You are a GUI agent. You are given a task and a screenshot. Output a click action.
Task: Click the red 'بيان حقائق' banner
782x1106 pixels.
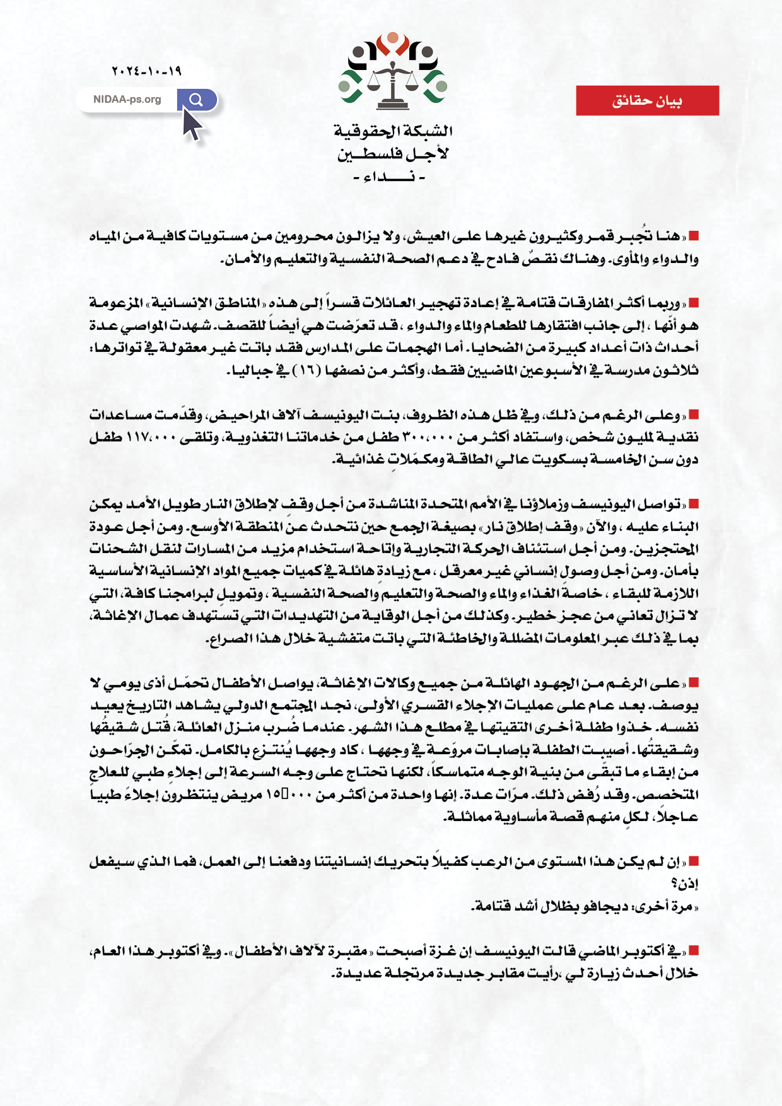point(647,101)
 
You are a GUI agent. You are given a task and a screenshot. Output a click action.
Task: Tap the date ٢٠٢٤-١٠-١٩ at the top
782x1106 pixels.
point(146,71)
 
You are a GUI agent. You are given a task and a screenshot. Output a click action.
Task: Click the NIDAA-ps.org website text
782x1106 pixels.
point(127,100)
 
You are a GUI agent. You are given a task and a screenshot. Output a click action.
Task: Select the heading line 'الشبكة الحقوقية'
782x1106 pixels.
point(393,131)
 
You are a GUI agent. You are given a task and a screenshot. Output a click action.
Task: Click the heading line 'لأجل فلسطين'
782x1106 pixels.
point(393,154)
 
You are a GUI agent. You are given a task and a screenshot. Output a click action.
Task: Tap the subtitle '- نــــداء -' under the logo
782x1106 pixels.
point(389,177)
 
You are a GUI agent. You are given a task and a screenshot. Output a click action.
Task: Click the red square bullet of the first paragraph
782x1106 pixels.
point(694,236)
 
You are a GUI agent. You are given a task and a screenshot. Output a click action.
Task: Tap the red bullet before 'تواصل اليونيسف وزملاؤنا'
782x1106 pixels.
point(694,504)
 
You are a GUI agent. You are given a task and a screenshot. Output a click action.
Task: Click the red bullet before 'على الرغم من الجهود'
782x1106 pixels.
point(694,683)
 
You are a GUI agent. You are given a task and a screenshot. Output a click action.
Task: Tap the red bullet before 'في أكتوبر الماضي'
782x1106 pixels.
point(694,950)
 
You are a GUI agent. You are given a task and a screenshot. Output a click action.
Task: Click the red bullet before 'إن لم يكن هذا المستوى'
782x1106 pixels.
point(694,861)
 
